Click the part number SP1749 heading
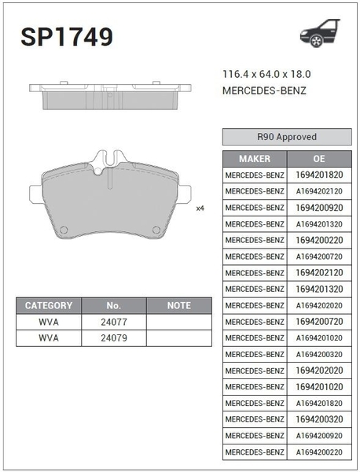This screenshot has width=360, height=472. click(x=67, y=37)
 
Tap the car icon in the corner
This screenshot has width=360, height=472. click(x=320, y=33)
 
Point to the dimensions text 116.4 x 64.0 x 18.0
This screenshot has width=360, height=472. click(x=266, y=74)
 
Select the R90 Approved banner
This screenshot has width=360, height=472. click(x=287, y=137)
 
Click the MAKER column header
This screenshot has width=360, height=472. click(x=255, y=159)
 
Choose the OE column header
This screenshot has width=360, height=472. click(x=319, y=159)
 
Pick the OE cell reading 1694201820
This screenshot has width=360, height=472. click(x=319, y=175)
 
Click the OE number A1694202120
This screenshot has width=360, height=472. click(x=319, y=191)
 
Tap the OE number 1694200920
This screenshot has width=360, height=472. click(x=319, y=208)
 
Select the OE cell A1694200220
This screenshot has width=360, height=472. click(x=319, y=452)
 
